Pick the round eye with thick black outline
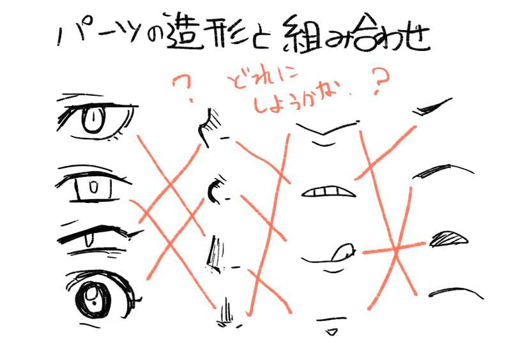click(x=96, y=295)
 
